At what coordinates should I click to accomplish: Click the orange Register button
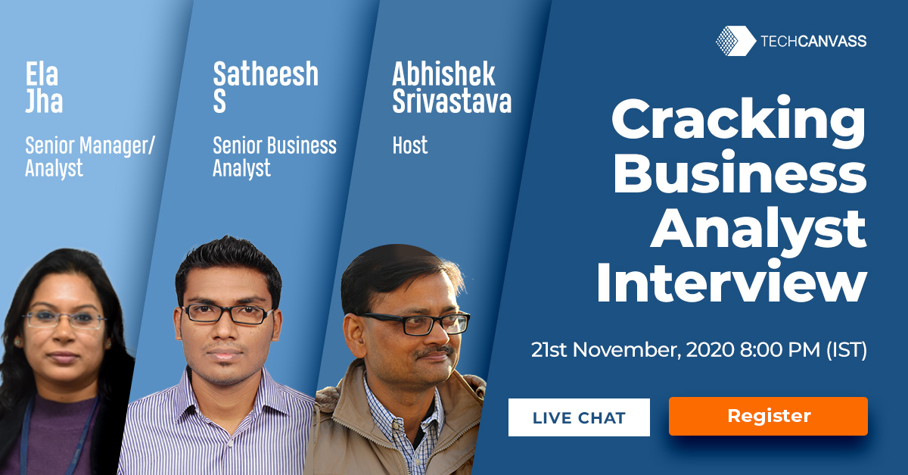pyautogui.click(x=768, y=416)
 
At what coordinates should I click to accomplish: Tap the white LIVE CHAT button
pyautogui.click(x=579, y=417)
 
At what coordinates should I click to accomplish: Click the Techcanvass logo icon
pyautogui.click(x=735, y=41)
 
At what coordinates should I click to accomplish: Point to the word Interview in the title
pyautogui.click(x=732, y=282)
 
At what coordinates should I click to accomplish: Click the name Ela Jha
pyautogui.click(x=44, y=87)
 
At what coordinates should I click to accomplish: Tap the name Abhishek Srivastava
pyautogui.click(x=452, y=87)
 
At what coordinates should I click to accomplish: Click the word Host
pyautogui.click(x=410, y=145)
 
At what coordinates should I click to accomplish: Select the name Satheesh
pyautogui.click(x=266, y=74)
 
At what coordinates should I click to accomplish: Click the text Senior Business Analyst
pyautogui.click(x=275, y=157)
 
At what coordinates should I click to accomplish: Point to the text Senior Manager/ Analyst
pyautogui.click(x=89, y=157)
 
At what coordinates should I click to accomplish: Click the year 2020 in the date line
pyautogui.click(x=711, y=349)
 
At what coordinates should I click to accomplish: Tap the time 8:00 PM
pyautogui.click(x=780, y=349)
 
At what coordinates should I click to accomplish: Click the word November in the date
pyautogui.click(x=627, y=350)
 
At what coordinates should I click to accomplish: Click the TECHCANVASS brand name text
pyautogui.click(x=813, y=41)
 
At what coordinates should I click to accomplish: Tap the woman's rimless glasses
pyautogui.click(x=64, y=319)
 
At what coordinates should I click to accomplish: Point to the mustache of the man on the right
pyautogui.click(x=433, y=352)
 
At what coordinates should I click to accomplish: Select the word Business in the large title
pyautogui.click(x=740, y=173)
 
